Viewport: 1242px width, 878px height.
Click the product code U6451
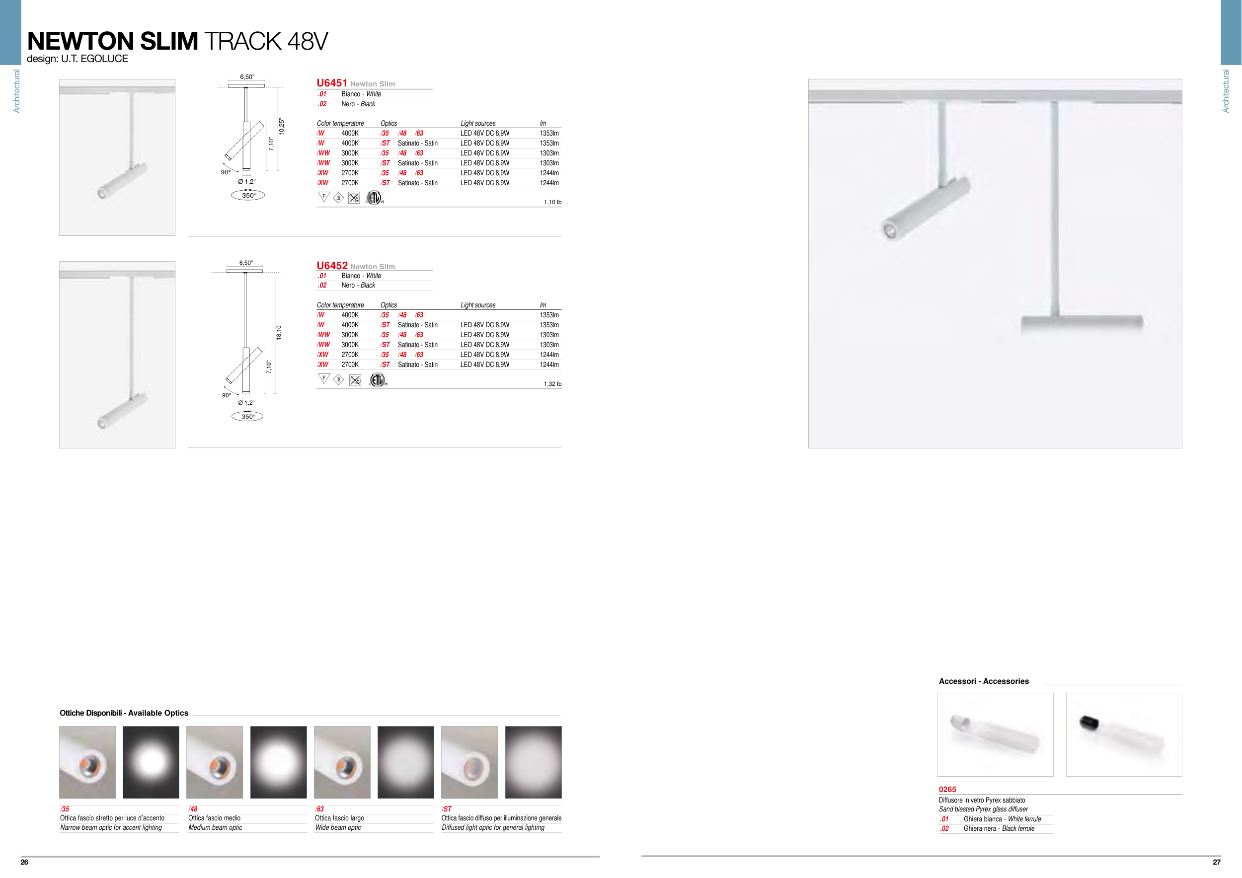(331, 83)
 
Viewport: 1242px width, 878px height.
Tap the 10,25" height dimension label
(281, 127)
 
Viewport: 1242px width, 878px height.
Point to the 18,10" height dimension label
(279, 331)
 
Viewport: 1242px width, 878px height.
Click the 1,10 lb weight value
(552, 202)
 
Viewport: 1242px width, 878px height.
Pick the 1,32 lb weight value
(552, 384)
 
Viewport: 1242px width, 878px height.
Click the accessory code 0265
(947, 789)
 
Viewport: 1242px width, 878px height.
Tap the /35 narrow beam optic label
(65, 809)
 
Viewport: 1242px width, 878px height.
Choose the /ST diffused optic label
(446, 809)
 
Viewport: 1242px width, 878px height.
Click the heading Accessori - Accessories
(984, 681)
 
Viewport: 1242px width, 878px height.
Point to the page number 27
(1217, 862)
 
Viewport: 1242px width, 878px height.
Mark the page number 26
(24, 862)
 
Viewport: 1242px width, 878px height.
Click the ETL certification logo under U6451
(374, 198)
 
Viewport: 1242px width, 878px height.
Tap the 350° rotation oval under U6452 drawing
(248, 416)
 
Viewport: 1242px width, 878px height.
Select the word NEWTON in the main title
(79, 41)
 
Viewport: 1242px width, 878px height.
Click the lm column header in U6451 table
(543, 123)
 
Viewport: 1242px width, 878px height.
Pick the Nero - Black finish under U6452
(358, 286)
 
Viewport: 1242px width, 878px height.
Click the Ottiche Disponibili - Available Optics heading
(124, 713)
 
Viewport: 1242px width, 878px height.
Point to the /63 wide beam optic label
(319, 809)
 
